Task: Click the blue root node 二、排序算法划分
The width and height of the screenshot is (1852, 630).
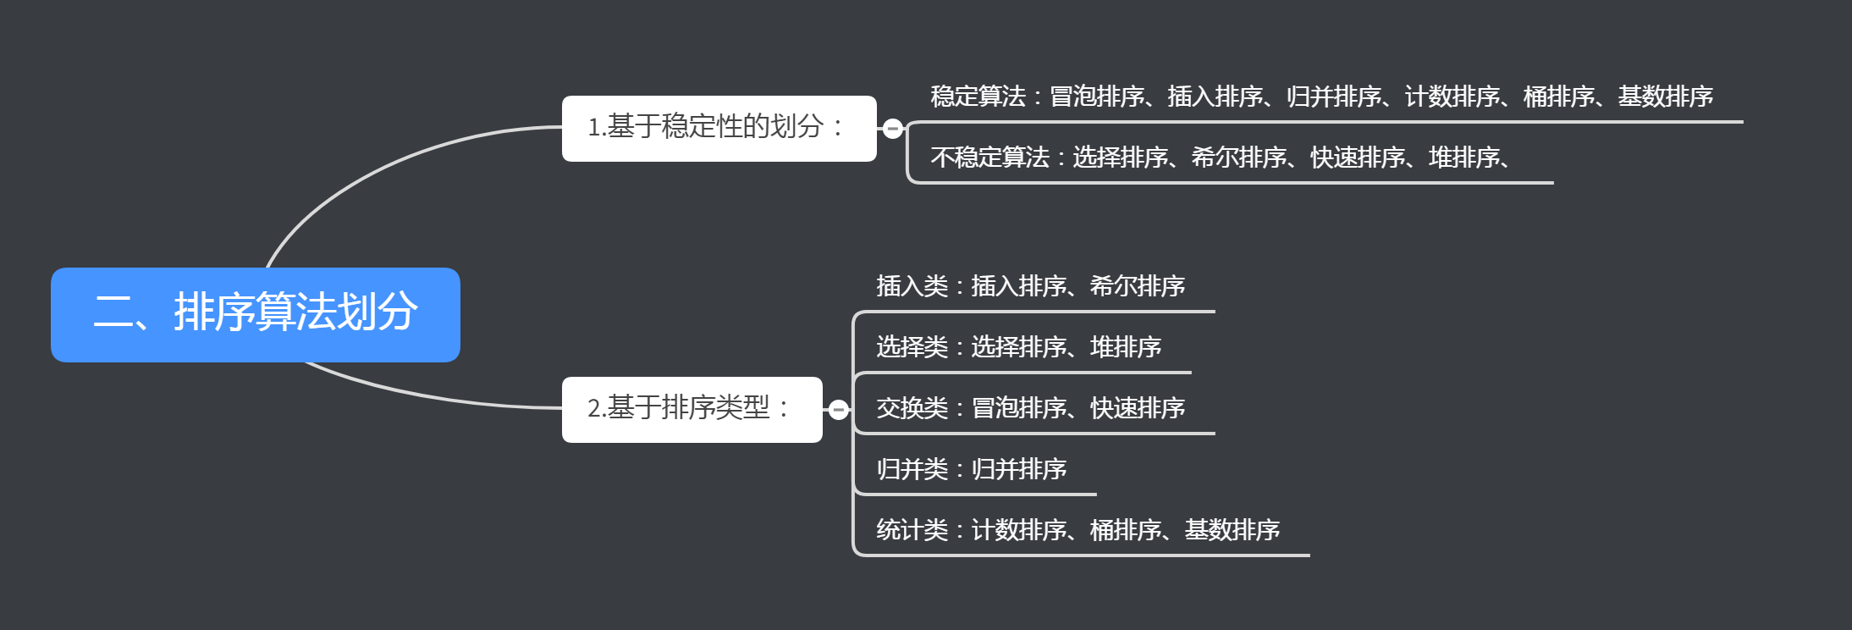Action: tap(255, 314)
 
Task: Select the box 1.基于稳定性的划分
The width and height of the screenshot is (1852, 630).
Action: tap(719, 128)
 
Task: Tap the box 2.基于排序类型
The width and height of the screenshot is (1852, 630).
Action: tap(692, 409)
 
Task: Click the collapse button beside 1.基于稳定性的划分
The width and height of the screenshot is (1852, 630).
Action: tap(892, 129)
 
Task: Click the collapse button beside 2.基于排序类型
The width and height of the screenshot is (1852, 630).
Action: tap(838, 410)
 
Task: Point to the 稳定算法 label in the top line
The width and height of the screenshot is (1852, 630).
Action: tap(978, 97)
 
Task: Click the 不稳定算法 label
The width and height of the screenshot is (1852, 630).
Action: tap(989, 157)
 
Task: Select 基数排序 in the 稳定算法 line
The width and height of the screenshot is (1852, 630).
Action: tap(1665, 97)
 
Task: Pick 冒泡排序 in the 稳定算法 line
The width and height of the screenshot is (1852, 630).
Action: tap(1096, 97)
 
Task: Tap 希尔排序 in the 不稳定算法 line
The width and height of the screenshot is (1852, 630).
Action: tap(1238, 157)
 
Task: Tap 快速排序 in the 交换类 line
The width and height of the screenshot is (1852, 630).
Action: tap(1137, 408)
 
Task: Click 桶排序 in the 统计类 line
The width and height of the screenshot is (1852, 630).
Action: tap(1125, 530)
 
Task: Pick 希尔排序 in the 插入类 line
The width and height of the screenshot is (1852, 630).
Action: tap(1137, 286)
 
